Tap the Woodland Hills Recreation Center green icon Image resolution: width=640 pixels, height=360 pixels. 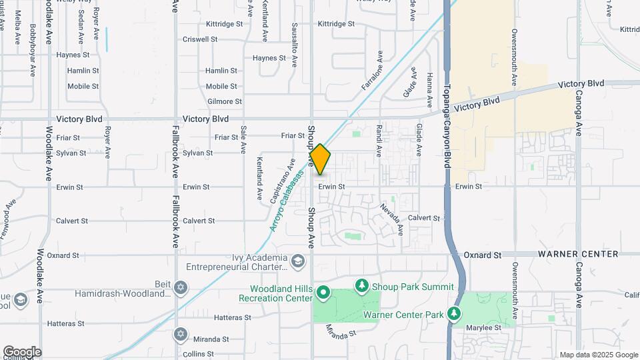tap(323, 292)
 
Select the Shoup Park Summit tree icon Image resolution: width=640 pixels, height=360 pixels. tap(362, 286)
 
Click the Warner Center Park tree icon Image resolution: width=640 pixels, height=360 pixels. tap(454, 313)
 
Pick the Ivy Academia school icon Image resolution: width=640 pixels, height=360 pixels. tap(298, 259)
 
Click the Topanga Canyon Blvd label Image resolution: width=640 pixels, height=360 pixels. tap(448, 126)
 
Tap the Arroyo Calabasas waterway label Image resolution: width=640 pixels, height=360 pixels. tap(287, 201)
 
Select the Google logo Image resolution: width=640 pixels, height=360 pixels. tap(22, 351)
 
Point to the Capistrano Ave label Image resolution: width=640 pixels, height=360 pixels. tap(283, 181)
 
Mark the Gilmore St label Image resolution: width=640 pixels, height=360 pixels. tap(225, 101)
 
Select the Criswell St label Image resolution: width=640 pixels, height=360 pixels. tap(200, 39)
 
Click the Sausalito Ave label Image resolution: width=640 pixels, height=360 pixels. tap(294, 45)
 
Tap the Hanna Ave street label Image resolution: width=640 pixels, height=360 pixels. tap(430, 86)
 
